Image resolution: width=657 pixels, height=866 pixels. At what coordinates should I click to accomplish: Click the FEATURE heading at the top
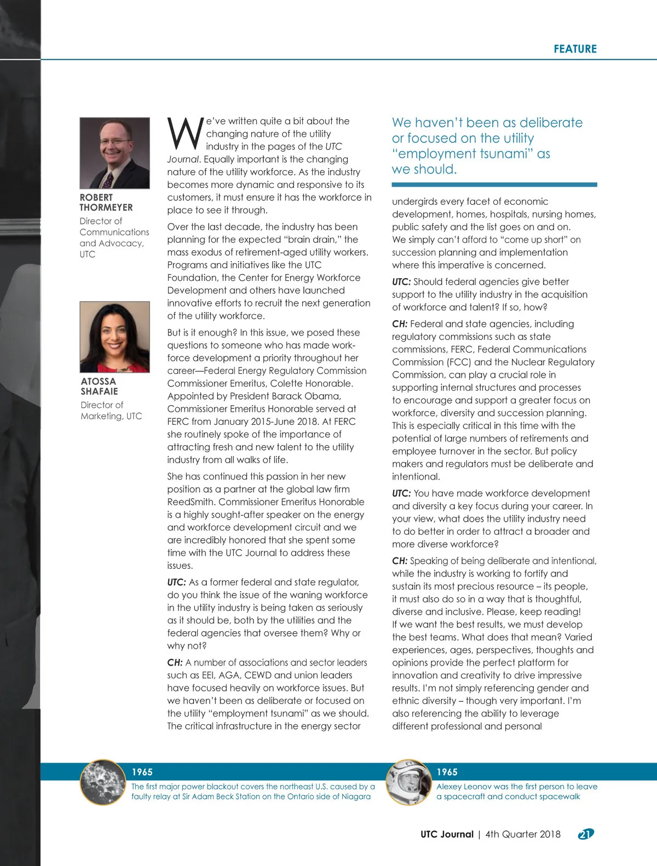pos(575,49)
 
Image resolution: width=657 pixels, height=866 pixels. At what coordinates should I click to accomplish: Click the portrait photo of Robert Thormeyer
pos(114,153)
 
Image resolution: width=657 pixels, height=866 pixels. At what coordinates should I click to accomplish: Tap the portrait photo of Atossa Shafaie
pos(114,337)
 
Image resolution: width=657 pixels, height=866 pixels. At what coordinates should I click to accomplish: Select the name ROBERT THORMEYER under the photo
pos(106,202)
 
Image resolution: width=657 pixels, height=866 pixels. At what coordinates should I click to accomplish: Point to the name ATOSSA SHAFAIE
pos(99,386)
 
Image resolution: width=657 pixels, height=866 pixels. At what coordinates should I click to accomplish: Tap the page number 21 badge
pos(585,834)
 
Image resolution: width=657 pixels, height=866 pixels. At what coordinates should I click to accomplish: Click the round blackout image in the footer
pos(103,782)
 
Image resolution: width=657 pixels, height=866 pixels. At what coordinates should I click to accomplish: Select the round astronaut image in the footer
pos(408,782)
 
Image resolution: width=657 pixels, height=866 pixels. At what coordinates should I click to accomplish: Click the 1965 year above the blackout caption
pos(142,772)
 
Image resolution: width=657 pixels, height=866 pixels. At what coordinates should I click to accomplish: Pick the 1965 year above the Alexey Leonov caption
pos(447,772)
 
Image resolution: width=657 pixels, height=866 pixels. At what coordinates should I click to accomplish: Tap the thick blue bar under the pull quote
pos(494,185)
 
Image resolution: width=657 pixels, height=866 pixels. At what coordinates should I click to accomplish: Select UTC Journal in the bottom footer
pos(447,834)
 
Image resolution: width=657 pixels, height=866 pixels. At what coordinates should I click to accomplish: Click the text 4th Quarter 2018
pos(523,834)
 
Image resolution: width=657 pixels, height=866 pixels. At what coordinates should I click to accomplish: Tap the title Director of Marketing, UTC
pos(111,411)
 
